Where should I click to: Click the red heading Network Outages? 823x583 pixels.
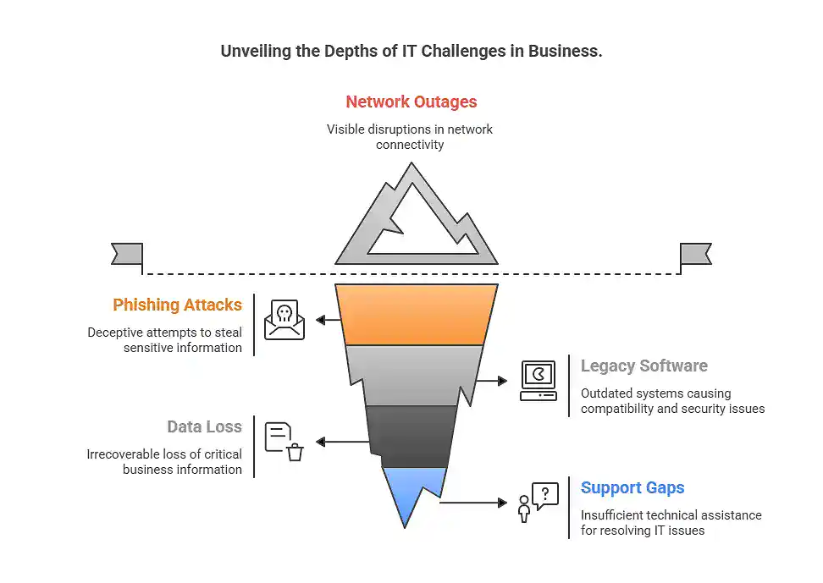pyautogui.click(x=411, y=102)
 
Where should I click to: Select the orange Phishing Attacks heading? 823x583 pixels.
pyautogui.click(x=177, y=305)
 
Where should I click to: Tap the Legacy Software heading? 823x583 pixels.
pyautogui.click(x=643, y=366)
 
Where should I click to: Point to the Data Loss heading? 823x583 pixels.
pyautogui.click(x=204, y=427)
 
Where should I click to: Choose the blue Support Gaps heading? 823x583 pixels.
pyautogui.click(x=632, y=488)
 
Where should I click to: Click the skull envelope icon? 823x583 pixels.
pyautogui.click(x=284, y=320)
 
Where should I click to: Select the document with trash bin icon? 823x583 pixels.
pyautogui.click(x=284, y=442)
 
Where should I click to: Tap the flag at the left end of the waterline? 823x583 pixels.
pyautogui.click(x=127, y=253)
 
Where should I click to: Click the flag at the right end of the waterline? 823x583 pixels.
pyautogui.click(x=695, y=253)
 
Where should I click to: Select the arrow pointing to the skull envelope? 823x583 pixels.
pyautogui.click(x=328, y=320)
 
